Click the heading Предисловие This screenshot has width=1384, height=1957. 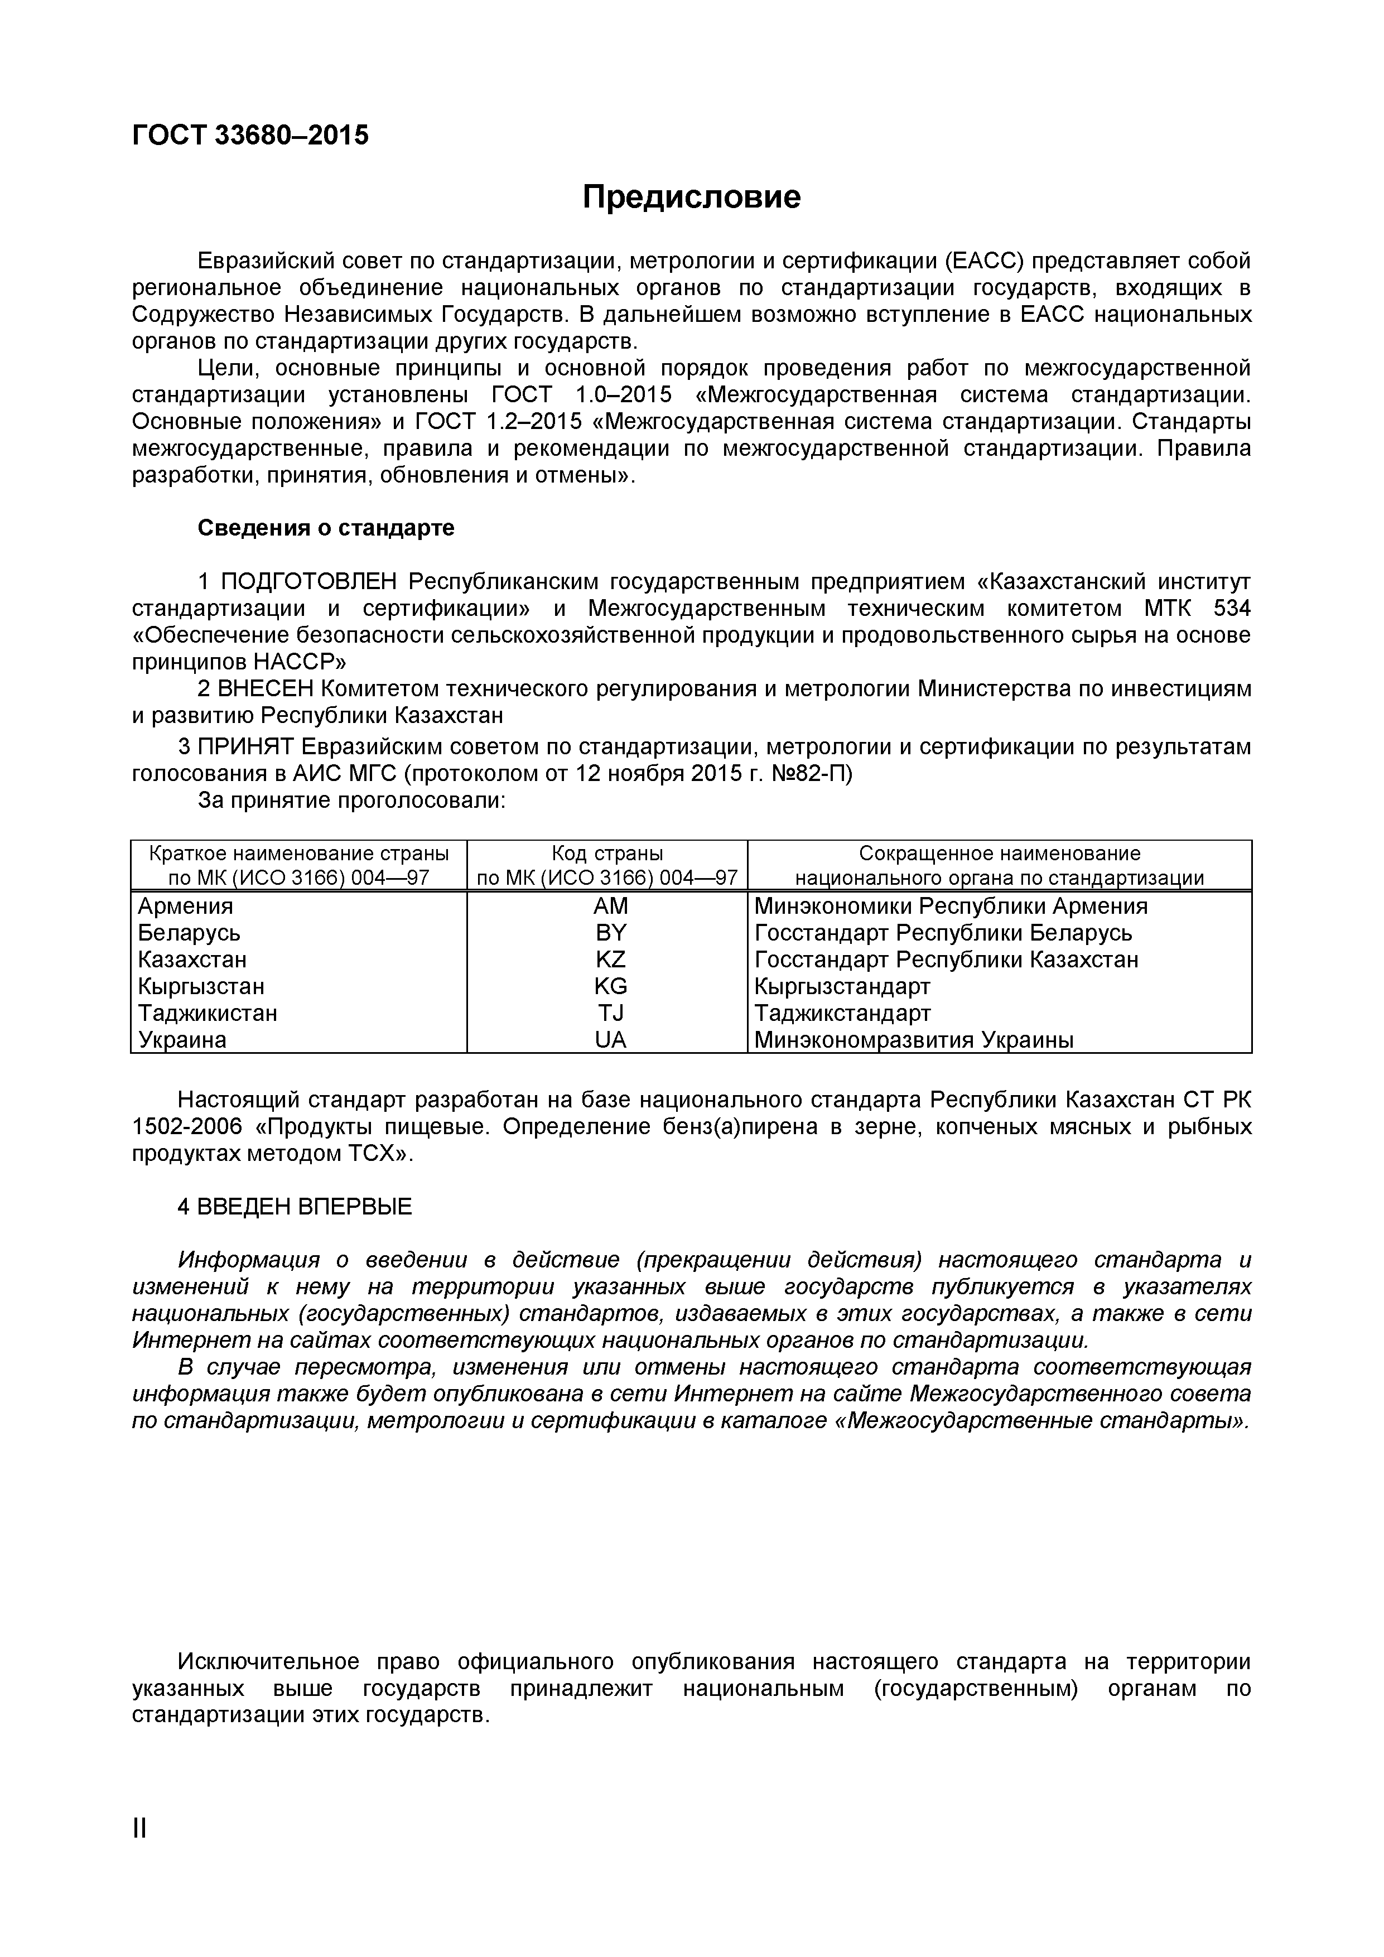point(691,197)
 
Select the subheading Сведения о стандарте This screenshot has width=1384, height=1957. point(326,528)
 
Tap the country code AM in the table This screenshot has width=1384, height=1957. point(610,906)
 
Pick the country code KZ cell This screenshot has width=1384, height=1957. point(610,960)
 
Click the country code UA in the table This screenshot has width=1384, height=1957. point(610,1040)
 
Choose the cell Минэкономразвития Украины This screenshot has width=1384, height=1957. point(914,1040)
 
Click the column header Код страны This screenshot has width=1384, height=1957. point(607,853)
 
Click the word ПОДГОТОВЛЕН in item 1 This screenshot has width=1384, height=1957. point(308,582)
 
